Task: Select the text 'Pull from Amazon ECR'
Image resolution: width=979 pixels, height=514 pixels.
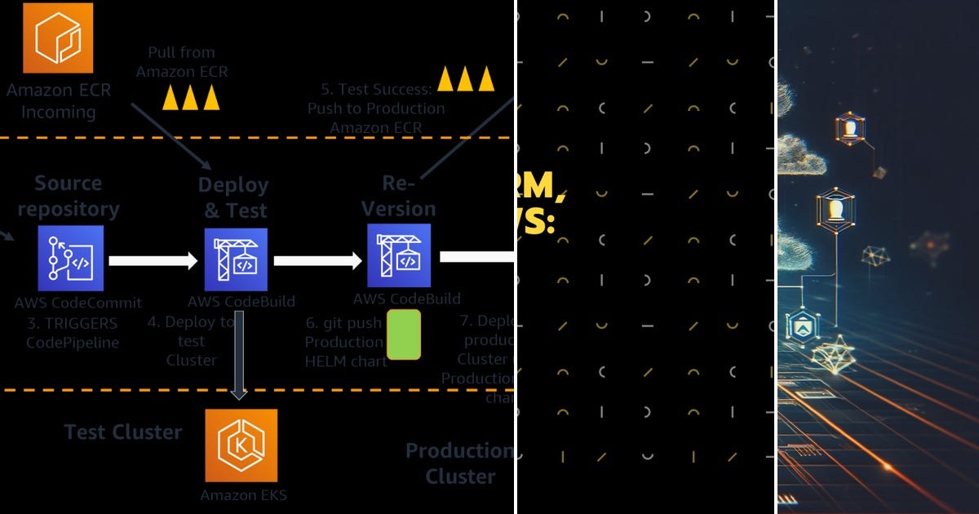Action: click(x=182, y=62)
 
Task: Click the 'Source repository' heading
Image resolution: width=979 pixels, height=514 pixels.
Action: click(x=69, y=196)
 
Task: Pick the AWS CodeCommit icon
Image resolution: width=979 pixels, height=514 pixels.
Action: click(x=70, y=258)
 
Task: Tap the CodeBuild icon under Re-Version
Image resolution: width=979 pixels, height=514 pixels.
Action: click(x=398, y=256)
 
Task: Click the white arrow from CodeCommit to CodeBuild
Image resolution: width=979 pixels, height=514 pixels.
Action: click(x=153, y=260)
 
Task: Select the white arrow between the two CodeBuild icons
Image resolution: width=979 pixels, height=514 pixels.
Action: click(x=317, y=260)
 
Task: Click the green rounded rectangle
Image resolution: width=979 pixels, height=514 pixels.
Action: click(x=403, y=335)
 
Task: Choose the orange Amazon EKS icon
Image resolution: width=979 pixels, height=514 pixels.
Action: click(x=241, y=445)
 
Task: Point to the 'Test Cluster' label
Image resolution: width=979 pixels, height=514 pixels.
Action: click(x=123, y=432)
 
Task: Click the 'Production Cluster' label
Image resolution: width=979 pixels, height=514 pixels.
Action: click(x=458, y=463)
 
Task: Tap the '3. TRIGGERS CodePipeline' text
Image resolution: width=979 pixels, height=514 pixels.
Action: click(x=72, y=333)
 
